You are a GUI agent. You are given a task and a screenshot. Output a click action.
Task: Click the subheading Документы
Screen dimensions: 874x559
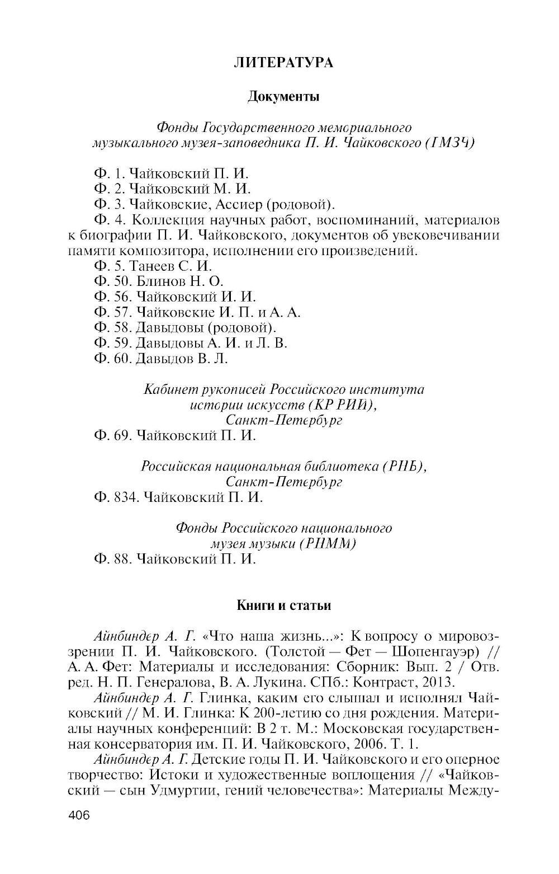(x=283, y=97)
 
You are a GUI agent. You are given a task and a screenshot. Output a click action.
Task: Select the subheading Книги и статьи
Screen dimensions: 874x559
(x=284, y=605)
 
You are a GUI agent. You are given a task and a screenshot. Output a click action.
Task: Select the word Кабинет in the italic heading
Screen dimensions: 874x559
(x=169, y=389)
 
